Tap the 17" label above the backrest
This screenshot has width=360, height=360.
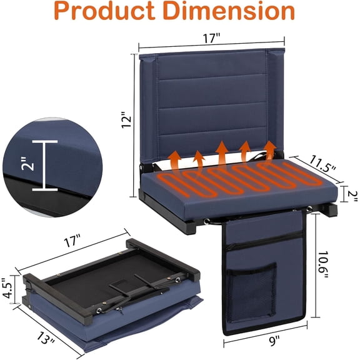click(211, 38)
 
